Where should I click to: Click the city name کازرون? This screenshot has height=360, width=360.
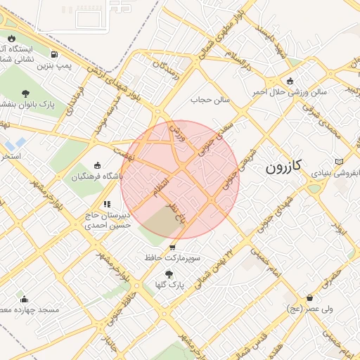(284, 167)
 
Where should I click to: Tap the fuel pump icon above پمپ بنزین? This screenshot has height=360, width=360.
(54, 54)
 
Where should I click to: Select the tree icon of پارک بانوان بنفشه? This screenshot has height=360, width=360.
(25, 93)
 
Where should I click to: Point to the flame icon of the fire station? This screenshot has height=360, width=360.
(11, 39)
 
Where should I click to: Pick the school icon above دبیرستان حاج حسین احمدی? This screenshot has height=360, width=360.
(107, 204)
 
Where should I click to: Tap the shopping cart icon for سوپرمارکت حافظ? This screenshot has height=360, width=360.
(173, 247)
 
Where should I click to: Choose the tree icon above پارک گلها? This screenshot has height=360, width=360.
(168, 274)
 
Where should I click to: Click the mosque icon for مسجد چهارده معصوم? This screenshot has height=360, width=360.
(25, 299)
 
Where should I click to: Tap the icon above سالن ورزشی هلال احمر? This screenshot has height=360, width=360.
(290, 80)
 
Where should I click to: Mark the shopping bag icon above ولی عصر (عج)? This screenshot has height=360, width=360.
(309, 297)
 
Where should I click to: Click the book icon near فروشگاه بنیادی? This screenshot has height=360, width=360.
(341, 161)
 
